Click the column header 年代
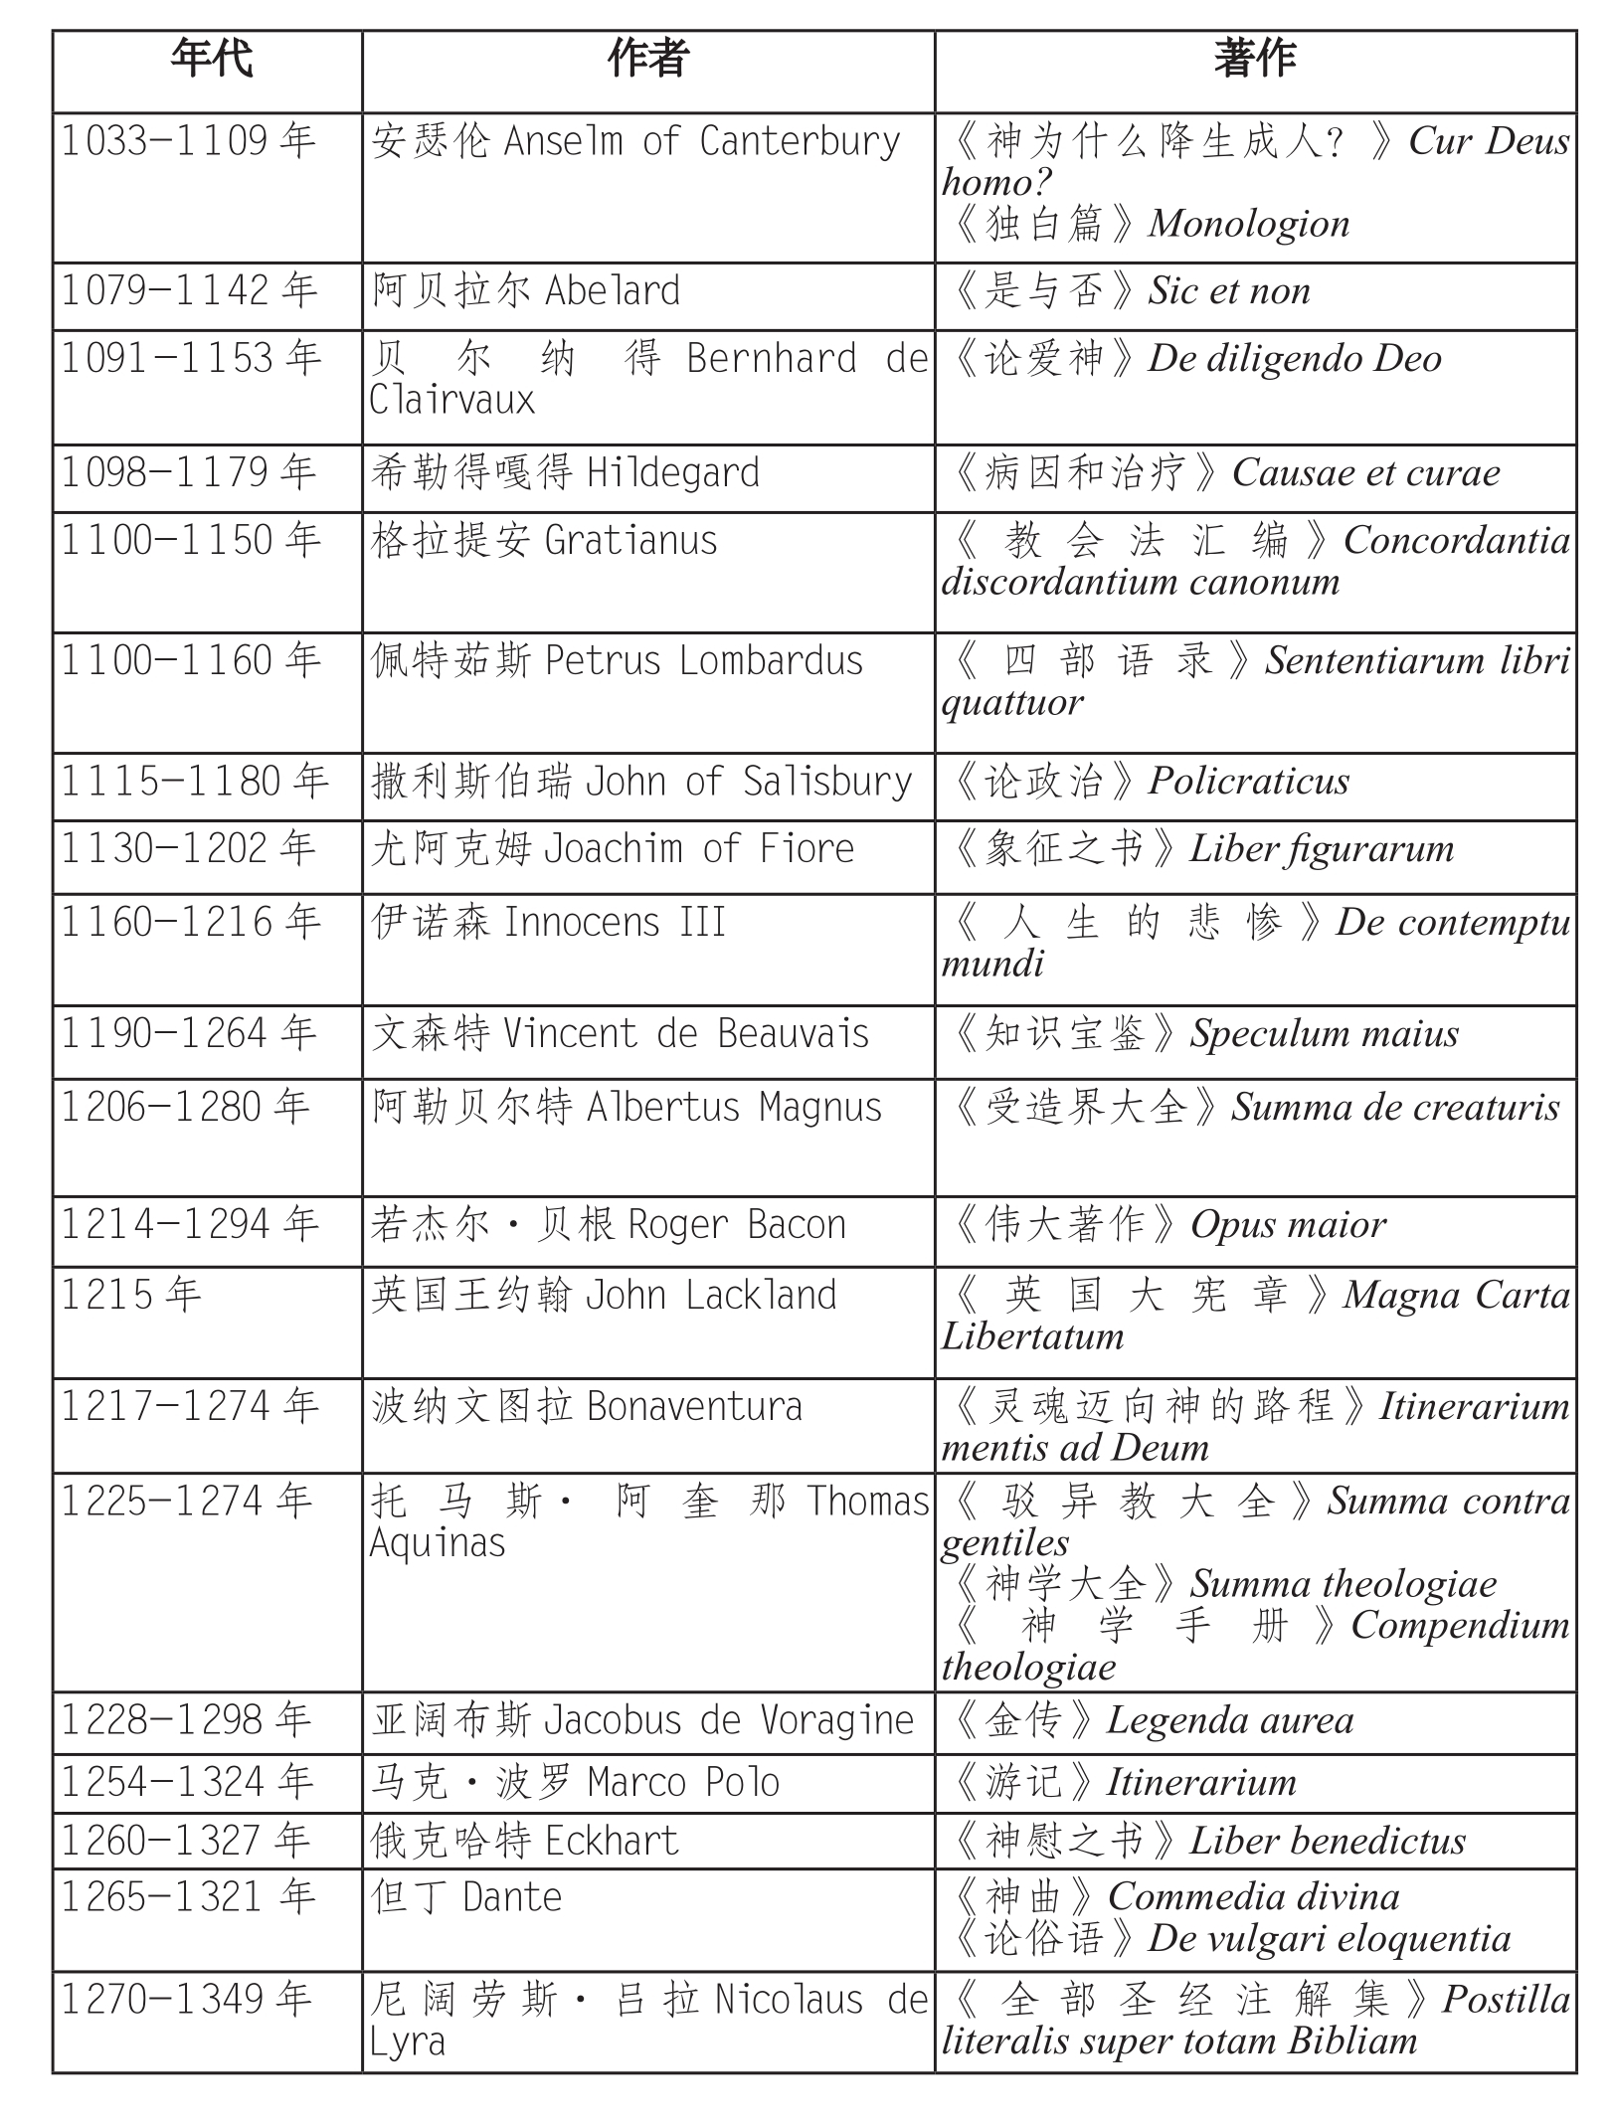coord(211,59)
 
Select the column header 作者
coord(647,59)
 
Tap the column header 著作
coord(1254,59)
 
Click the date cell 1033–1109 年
coord(189,141)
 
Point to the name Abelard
coord(613,291)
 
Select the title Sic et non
coord(1229,291)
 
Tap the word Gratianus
coord(631,541)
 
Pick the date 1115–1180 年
coord(195,782)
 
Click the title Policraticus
coord(1249,782)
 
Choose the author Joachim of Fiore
coord(699,849)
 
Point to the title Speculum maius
coord(1325,1034)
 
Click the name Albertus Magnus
coord(734,1108)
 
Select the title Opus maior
coord(1289,1225)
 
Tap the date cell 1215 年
coord(131,1295)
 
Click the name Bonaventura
coord(694,1407)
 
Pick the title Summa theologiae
coord(1344,1584)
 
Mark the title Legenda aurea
coord(1230,1720)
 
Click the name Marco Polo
coord(683,1782)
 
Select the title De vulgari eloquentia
coord(1330,1938)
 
